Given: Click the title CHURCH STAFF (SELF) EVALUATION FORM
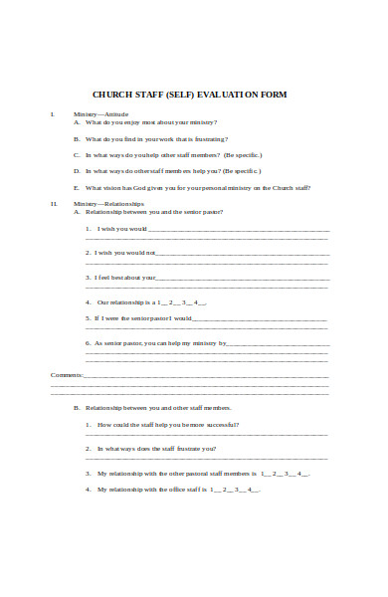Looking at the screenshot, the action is pos(189,95).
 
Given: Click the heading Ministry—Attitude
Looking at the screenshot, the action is pos(100,115).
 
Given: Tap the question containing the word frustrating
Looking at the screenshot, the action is pos(157,138).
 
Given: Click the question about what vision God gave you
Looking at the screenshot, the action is pos(198,187).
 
